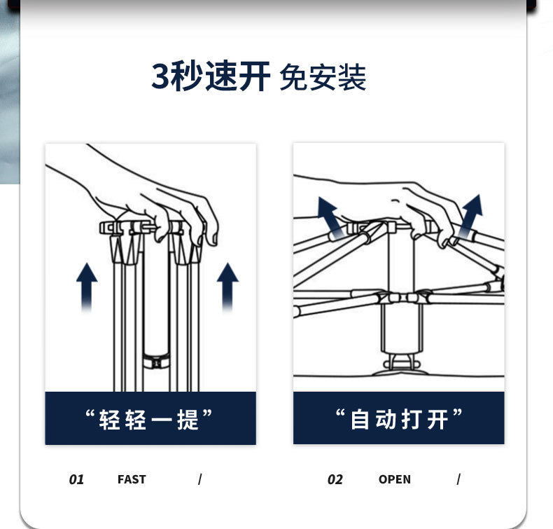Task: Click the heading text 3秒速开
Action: [x=211, y=77]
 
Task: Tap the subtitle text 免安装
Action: [x=322, y=78]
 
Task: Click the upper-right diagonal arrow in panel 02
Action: [x=471, y=212]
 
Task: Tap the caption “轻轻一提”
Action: [x=148, y=419]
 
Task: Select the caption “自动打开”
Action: [x=398, y=419]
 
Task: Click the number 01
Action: [x=76, y=480]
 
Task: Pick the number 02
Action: [x=335, y=480]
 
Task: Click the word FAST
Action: [x=132, y=480]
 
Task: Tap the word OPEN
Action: [x=395, y=480]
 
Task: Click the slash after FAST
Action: [x=199, y=480]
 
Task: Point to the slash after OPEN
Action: [x=458, y=480]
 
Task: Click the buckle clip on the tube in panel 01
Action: [x=155, y=362]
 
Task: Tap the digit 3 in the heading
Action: [x=160, y=77]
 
